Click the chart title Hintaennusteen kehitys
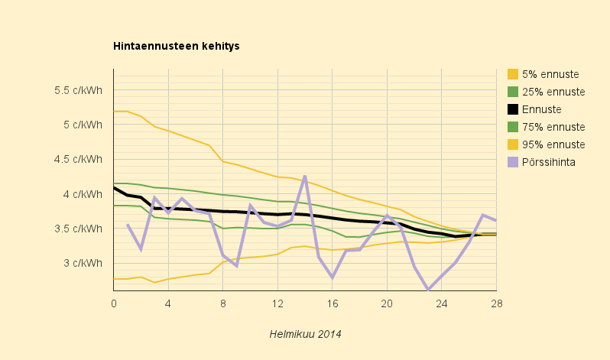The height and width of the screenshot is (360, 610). tap(177, 47)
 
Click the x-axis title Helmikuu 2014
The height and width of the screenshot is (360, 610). tap(305, 334)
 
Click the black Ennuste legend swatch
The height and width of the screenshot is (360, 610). tap(514, 109)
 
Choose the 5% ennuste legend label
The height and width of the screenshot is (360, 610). tap(550, 74)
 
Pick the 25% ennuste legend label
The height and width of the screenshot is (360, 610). tap(553, 92)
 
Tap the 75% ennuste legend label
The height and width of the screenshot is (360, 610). tap(553, 127)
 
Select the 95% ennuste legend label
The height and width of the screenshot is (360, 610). tap(553, 144)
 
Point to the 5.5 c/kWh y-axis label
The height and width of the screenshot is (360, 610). tap(78, 90)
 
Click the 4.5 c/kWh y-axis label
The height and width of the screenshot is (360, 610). tap(78, 160)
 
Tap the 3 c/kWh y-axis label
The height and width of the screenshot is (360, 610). tap(84, 264)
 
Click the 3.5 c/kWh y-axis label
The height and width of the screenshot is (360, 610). tap(78, 229)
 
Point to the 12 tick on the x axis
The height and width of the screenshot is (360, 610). tap(277, 303)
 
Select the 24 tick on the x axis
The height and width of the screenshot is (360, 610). tap(442, 303)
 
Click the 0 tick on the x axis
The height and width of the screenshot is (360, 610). tap(114, 303)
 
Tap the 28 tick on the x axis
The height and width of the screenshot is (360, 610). tap(496, 303)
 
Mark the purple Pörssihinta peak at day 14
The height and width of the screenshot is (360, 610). tap(305, 176)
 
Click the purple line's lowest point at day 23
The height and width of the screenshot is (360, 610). tap(428, 290)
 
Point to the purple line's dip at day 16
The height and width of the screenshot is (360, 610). tap(333, 277)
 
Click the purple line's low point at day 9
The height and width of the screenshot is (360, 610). tap(237, 266)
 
